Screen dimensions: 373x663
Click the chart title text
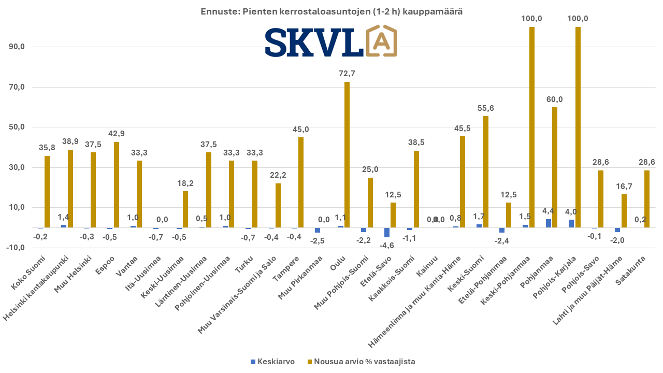coord(331,11)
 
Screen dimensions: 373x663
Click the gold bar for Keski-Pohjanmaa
coord(532,127)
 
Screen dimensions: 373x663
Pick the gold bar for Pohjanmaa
coord(555,167)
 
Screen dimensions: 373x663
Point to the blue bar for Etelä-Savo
coord(387,232)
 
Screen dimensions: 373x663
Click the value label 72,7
coord(347,74)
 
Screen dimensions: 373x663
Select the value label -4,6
coord(387,246)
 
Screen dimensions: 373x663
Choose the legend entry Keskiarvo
coord(272,362)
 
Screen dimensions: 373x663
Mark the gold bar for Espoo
coord(116,184)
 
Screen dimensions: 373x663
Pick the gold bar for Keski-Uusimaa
coord(185,209)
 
